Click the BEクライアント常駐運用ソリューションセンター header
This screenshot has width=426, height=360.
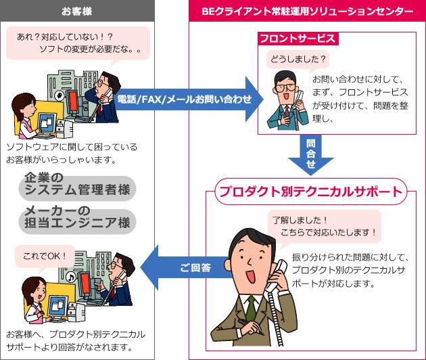[x=307, y=12]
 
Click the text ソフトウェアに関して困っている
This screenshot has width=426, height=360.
[x=71, y=147]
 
